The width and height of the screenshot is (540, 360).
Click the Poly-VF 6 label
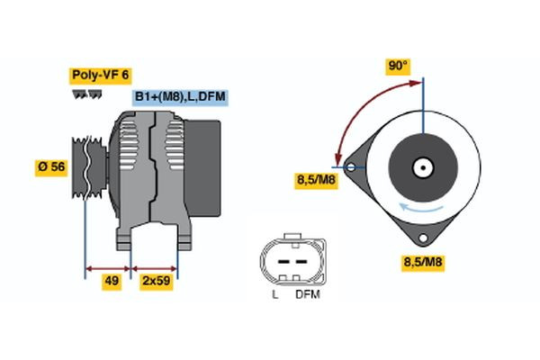click(x=100, y=76)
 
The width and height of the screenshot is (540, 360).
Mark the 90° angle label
click(x=398, y=66)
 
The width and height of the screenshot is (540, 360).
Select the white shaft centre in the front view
click(x=420, y=167)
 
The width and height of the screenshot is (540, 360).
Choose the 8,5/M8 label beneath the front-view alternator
click(x=421, y=263)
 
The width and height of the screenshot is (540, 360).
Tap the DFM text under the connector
click(x=308, y=294)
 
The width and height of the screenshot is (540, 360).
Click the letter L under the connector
click(x=275, y=294)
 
